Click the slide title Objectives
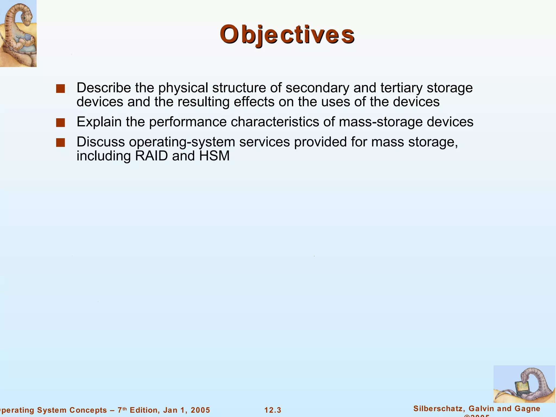[287, 34]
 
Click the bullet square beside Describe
[60, 89]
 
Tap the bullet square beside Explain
[60, 123]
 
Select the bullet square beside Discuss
[60, 143]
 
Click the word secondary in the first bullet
[318, 88]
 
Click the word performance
[188, 122]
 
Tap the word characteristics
[275, 122]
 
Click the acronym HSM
[214, 156]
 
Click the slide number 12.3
[273, 410]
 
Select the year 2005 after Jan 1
[200, 410]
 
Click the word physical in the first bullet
[183, 88]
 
